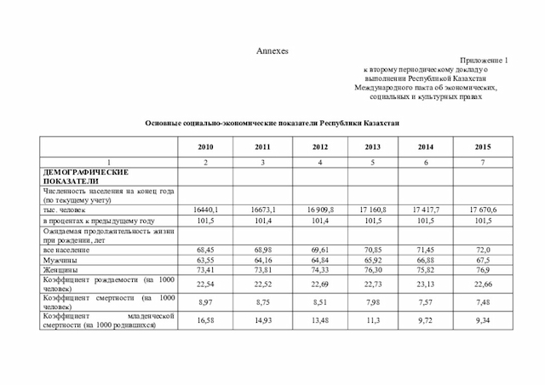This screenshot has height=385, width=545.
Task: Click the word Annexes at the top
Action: [x=273, y=51]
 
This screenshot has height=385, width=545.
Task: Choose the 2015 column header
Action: [x=482, y=147]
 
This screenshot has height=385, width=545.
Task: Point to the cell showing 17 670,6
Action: [x=482, y=209]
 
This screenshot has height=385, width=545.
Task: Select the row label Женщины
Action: [x=71, y=268]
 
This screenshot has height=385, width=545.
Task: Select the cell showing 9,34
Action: [x=482, y=321]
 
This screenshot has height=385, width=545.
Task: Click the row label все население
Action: [x=75, y=249]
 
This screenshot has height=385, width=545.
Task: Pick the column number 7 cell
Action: [x=482, y=161]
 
